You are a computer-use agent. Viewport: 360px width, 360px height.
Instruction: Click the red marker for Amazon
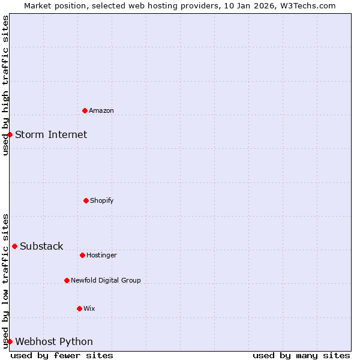[85, 110]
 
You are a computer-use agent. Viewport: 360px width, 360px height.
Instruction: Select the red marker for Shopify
[86, 200]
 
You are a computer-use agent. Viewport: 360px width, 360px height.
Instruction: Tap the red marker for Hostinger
[82, 255]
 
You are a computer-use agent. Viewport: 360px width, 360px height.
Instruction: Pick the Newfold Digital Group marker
[67, 280]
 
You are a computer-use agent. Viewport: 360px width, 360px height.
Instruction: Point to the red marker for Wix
[79, 308]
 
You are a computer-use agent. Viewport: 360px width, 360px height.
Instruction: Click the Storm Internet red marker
[10, 134]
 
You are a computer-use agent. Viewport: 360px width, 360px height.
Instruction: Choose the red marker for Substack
[14, 246]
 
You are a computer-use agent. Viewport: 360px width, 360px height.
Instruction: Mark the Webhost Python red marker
[10, 341]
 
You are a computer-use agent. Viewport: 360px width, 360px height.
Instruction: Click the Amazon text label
[101, 110]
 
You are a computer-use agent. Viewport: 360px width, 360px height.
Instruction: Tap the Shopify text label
[102, 200]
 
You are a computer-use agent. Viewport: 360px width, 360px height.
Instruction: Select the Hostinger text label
[101, 255]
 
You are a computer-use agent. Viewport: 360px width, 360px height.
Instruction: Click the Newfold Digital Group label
[106, 280]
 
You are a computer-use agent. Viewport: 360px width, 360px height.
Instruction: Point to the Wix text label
[89, 308]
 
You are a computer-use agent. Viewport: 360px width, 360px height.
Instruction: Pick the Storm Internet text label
[51, 134]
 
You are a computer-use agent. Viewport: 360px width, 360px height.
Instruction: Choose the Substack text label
[41, 246]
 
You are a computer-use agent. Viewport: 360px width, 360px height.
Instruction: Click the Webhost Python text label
[54, 341]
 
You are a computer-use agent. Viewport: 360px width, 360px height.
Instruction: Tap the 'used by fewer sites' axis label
[62, 355]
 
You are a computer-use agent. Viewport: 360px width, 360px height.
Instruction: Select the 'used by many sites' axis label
[301, 355]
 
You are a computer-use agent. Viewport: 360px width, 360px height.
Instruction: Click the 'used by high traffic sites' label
[5, 85]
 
